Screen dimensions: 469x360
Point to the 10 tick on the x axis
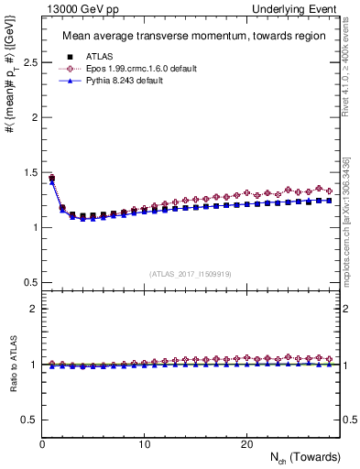click(x=144, y=443)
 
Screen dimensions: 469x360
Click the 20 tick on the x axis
click(x=245, y=443)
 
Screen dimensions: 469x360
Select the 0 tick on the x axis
click(x=42, y=443)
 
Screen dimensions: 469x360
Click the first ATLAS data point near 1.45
click(x=52, y=179)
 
